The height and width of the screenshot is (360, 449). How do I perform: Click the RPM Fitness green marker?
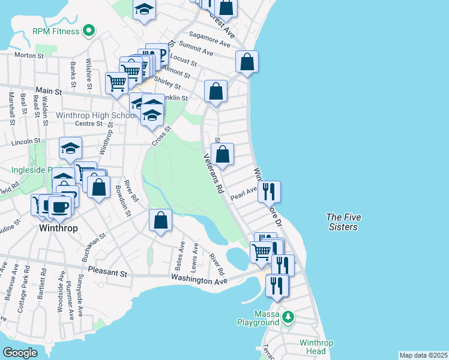click(89, 29)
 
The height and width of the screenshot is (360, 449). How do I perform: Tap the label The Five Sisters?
click(342, 222)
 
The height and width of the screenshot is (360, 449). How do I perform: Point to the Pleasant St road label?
click(108, 272)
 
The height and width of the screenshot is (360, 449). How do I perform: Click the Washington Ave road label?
click(199, 280)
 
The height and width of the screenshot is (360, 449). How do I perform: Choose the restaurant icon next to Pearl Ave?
click(270, 192)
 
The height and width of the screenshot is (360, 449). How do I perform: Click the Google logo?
click(20, 353)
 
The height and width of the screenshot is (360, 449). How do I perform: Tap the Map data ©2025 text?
click(423, 355)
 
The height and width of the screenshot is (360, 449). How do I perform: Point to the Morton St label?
click(26, 55)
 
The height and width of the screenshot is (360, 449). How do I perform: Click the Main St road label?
click(49, 91)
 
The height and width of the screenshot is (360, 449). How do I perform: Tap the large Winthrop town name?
click(58, 229)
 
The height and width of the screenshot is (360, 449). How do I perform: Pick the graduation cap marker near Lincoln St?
click(70, 148)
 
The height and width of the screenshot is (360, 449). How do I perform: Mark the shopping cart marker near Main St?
click(116, 83)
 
